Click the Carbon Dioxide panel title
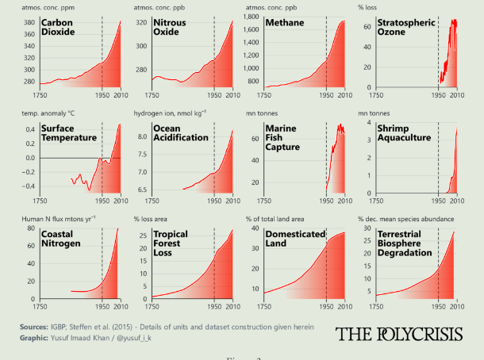click(60, 29)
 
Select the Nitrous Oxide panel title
click(171, 29)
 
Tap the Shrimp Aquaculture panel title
click(404, 133)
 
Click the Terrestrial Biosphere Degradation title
click(405, 244)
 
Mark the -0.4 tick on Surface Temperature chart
click(27, 186)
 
